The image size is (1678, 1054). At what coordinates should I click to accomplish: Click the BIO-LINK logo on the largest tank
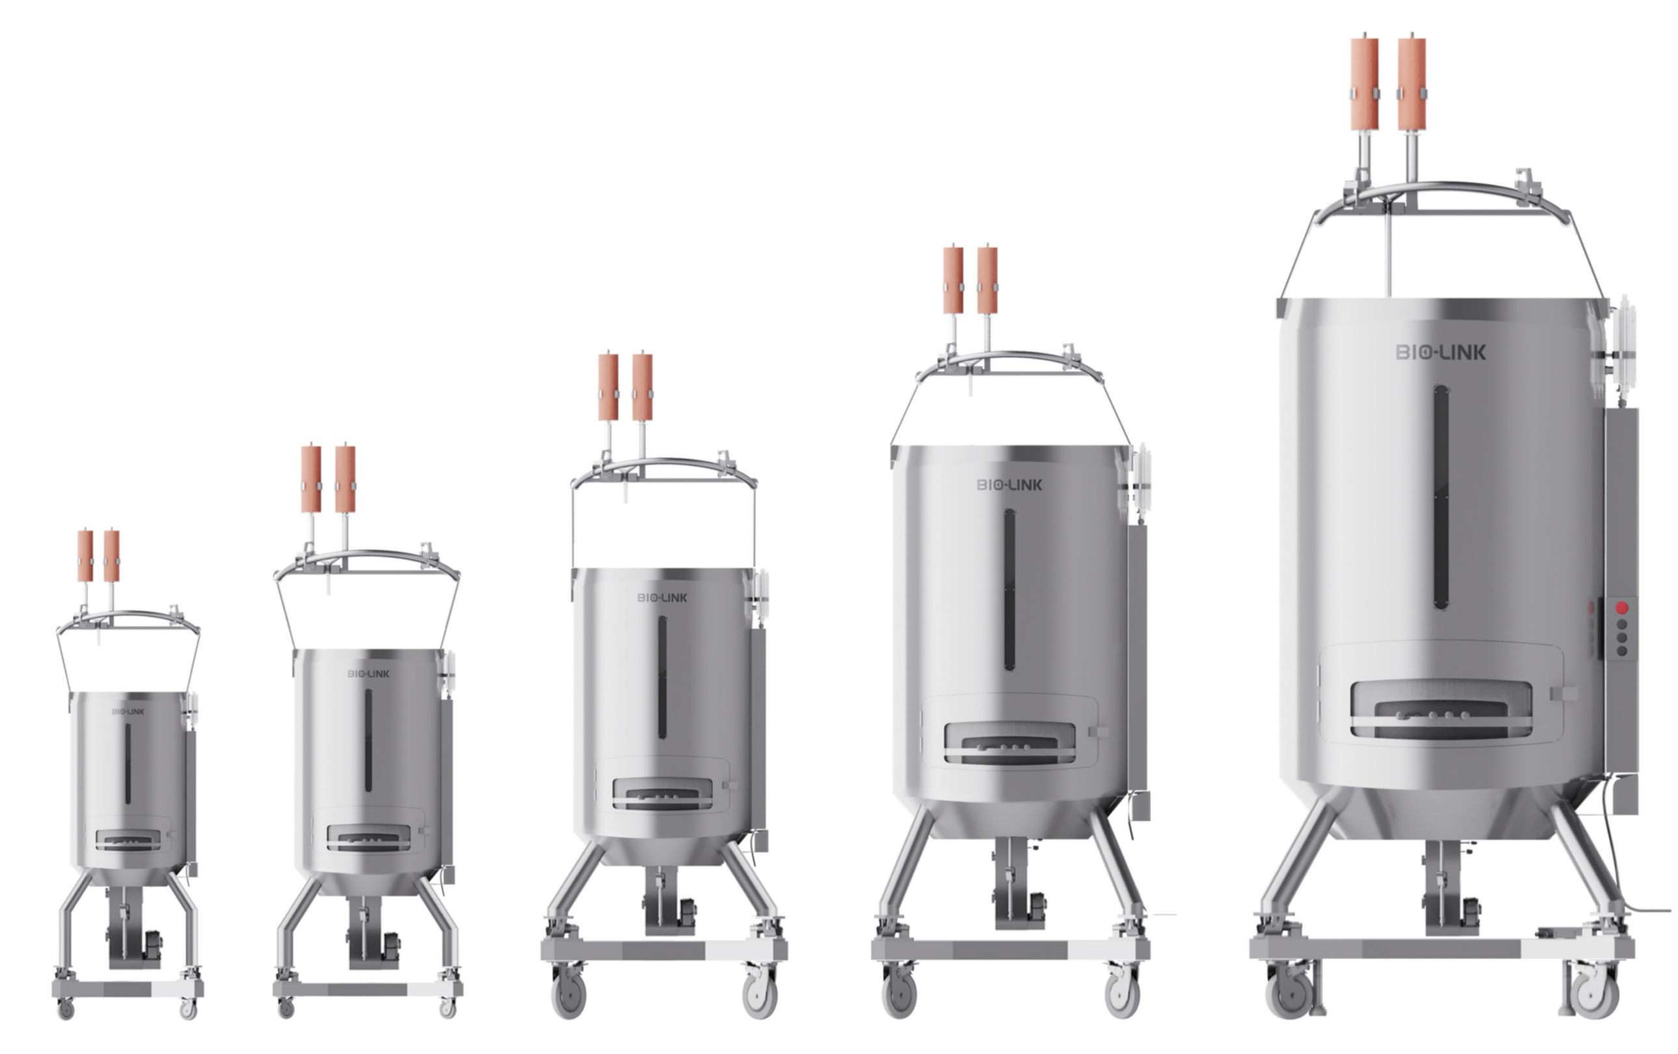tap(1441, 352)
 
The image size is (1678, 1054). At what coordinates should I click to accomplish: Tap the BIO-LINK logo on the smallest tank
tap(128, 712)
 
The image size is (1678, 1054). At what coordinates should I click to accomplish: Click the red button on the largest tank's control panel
tap(1621, 608)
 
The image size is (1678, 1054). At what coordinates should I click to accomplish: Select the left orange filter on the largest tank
tap(1365, 85)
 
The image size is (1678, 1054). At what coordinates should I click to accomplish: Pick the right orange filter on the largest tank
tap(1412, 85)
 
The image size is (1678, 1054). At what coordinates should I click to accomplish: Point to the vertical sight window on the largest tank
tap(1441, 497)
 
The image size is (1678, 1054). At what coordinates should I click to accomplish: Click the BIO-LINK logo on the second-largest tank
tap(1009, 485)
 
